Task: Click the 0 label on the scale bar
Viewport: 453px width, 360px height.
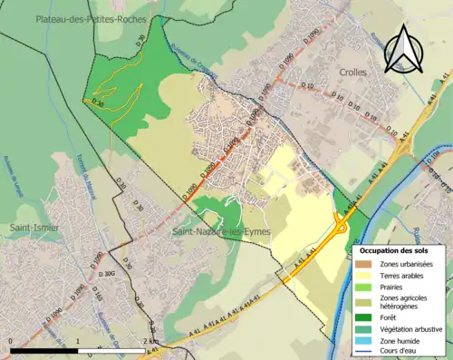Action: [x=11, y=342]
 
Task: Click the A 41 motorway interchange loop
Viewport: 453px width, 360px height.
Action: [x=342, y=221]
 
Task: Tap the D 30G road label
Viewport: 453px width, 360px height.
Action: [x=110, y=272]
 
